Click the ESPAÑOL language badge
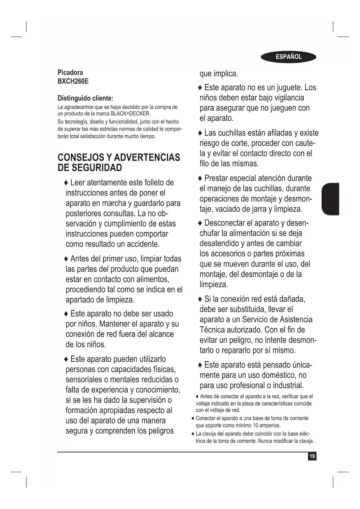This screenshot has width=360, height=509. click(x=288, y=57)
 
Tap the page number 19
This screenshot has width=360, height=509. click(x=312, y=456)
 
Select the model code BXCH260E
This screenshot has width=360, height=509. click(x=73, y=81)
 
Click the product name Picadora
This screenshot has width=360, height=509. click(x=70, y=73)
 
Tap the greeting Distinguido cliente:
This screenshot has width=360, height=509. click(x=85, y=98)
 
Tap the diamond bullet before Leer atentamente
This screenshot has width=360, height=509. click(x=66, y=183)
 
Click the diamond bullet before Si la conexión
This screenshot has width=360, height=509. click(x=200, y=299)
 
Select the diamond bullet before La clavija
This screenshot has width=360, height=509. click(x=193, y=434)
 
